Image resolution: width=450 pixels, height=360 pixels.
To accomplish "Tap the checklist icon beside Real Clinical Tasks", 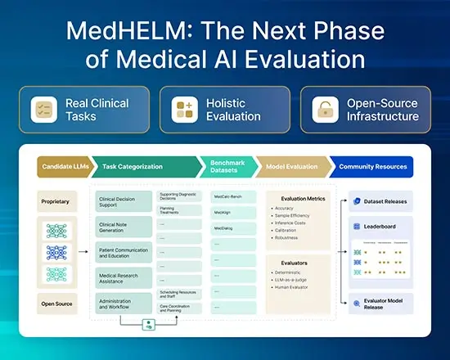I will pyautogui.click(x=42, y=110).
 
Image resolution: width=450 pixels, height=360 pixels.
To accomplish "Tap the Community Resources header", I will pyautogui.click(x=372, y=166).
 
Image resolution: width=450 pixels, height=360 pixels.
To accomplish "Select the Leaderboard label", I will pyautogui.click(x=384, y=226).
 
